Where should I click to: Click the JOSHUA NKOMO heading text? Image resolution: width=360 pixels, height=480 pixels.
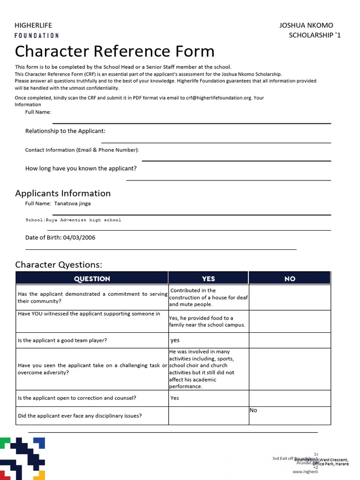[306, 25]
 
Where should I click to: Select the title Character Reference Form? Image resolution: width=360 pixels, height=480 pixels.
[115, 51]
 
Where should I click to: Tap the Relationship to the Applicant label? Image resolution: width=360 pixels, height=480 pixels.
[65, 131]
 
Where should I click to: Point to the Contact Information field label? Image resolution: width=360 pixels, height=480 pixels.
[82, 150]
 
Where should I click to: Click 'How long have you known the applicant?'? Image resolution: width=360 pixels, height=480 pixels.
[81, 168]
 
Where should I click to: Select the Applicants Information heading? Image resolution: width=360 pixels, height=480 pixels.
[63, 193]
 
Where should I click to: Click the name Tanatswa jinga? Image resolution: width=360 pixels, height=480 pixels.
[73, 203]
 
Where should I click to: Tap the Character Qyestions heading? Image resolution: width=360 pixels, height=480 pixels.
[59, 265]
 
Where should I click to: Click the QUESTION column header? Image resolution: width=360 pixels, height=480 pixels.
[92, 278]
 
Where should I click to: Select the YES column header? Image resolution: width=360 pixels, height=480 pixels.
[208, 278]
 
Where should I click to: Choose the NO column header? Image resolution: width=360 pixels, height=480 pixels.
[290, 278]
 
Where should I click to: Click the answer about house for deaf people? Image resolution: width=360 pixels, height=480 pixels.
[208, 297]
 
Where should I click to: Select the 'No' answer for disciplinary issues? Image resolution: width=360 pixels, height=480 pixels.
[254, 410]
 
